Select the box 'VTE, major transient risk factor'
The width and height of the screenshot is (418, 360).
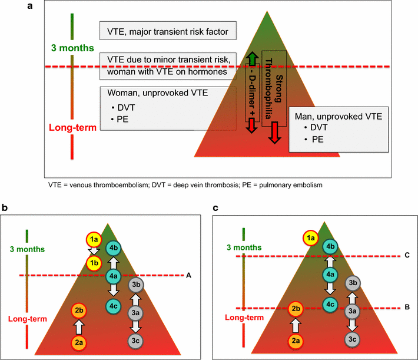pos(168,29)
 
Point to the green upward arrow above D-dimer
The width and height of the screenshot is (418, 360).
pos(251,58)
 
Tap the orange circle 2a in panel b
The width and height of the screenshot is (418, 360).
pos(79,341)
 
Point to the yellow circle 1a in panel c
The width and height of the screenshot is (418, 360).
pos(309,238)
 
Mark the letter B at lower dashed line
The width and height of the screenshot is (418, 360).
pos(407,308)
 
